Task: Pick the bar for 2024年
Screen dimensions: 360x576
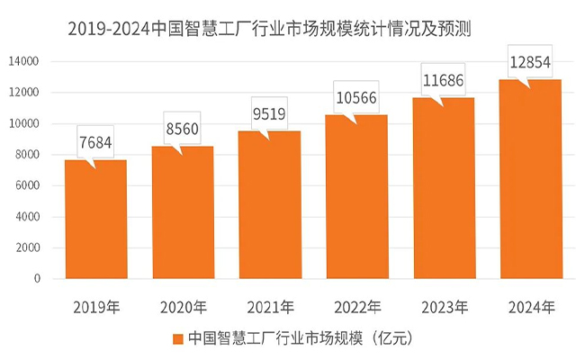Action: tap(530, 179)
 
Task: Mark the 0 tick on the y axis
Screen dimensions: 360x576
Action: tap(37, 279)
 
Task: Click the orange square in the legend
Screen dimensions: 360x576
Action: tap(176, 339)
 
